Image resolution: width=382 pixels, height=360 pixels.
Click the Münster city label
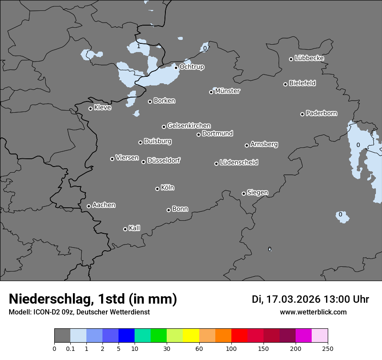227,91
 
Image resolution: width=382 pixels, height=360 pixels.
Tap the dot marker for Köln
157,189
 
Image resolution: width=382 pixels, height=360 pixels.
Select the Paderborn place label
321,113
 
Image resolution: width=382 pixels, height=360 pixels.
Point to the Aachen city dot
89,206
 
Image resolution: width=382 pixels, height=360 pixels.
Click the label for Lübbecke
309,58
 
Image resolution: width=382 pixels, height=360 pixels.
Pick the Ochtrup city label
191,67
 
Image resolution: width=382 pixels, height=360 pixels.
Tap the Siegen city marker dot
244,193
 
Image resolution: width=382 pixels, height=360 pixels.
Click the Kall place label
134,228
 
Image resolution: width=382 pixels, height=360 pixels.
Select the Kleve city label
102,108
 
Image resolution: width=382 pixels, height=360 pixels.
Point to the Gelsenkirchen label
189,126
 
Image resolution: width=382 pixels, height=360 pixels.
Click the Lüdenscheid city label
239,163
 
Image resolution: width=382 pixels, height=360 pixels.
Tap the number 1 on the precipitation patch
138,46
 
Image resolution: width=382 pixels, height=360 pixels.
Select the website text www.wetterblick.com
313,312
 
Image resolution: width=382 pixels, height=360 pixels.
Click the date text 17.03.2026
293,299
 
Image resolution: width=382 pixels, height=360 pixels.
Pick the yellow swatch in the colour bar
191,336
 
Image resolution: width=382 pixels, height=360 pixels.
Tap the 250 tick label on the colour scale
328,348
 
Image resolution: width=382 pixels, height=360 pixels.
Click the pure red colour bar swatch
239,336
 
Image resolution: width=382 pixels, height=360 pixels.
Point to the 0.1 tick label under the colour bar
70,348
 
